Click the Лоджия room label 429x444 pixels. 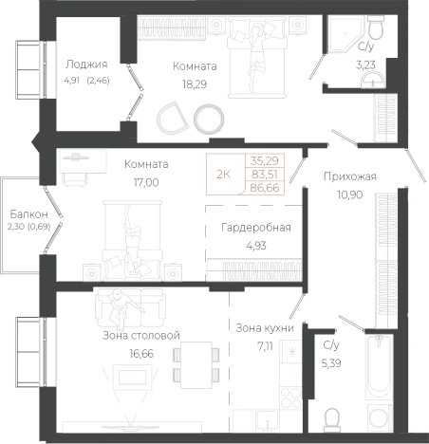tap(86, 65)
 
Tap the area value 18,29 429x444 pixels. tap(195, 84)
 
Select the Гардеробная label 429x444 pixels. tap(256, 228)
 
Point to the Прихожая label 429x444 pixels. tap(350, 176)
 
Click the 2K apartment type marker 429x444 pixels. tap(223, 175)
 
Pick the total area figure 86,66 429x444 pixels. tap(265, 188)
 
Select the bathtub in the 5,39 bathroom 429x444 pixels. tap(380, 367)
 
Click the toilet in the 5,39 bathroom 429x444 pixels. tap(332, 419)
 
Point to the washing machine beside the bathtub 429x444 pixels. tap(380, 418)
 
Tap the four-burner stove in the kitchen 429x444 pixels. tap(290, 398)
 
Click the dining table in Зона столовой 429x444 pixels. tap(196, 364)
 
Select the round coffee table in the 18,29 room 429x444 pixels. tap(209, 119)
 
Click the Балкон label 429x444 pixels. tap(29, 214)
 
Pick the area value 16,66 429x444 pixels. tap(141, 354)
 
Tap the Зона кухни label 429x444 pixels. tap(265, 328)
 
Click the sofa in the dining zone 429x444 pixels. tap(131, 308)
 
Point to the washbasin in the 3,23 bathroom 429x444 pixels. tap(374, 80)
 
